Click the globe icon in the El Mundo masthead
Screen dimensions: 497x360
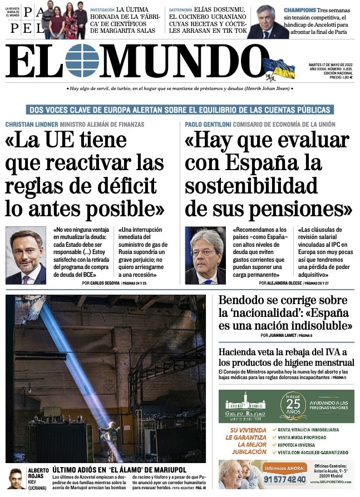pos(82,61)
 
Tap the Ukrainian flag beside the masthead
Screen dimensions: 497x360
pos(279,68)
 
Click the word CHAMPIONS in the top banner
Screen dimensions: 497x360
pos(300,11)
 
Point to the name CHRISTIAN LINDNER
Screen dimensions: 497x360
pos(31,125)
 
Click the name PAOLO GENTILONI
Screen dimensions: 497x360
pos(208,125)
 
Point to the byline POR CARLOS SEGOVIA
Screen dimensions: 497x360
pos(105,284)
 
